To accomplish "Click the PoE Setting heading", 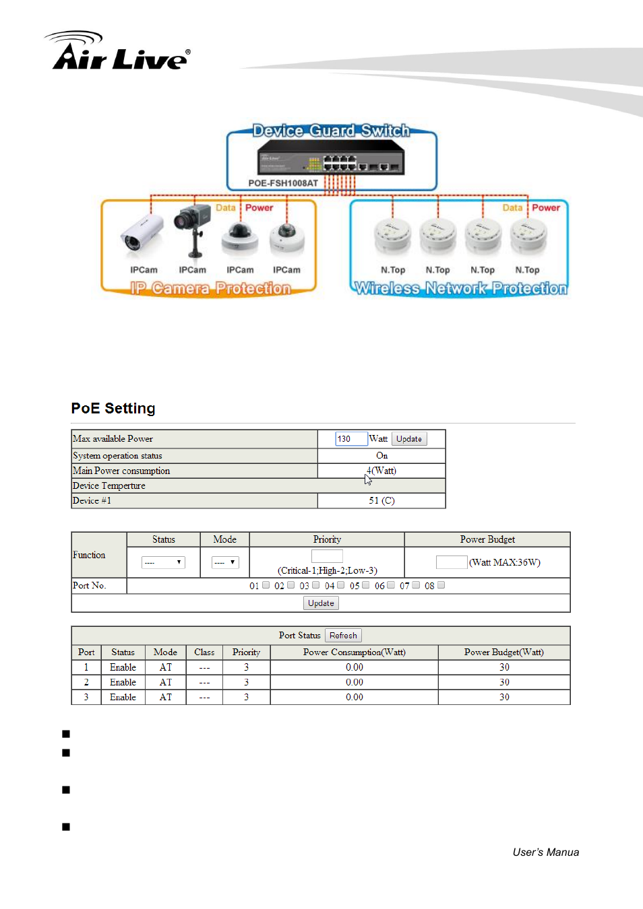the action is point(113,409).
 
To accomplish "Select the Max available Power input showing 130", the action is point(350,439).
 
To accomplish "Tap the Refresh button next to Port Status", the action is point(343,636).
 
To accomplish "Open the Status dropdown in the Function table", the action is point(163,562).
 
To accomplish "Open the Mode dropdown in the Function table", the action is point(225,562).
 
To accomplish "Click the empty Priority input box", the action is point(327,556).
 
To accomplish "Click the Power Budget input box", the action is point(451,562).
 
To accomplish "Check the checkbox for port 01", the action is point(266,585).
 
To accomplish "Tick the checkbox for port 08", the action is point(441,585).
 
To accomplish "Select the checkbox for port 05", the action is point(366,585).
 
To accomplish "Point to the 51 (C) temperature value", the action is point(381,501).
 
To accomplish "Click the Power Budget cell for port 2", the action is point(504,682).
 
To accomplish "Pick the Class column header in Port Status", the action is point(204,652).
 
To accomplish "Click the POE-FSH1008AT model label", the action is point(283,183).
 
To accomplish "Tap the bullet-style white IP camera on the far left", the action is point(142,235).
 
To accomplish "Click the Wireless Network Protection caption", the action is point(461,289).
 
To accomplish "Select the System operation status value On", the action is point(381,456).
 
